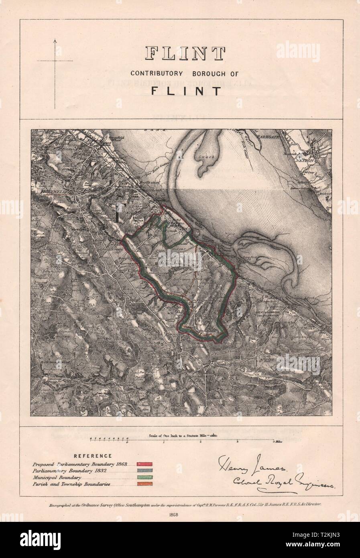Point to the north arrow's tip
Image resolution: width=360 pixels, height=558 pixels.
55,39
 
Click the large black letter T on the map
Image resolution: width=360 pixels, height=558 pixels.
118,213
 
